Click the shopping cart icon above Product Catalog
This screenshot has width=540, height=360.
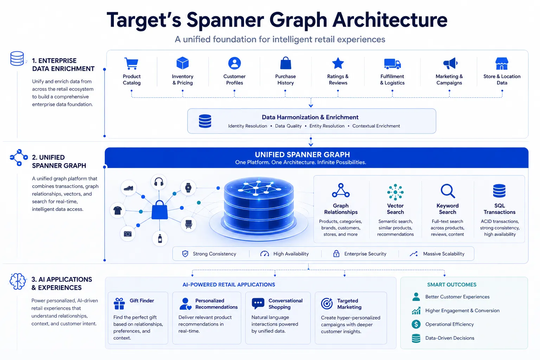click(x=131, y=63)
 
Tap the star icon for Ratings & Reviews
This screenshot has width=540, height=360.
click(x=338, y=63)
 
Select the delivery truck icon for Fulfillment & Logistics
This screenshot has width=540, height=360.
click(x=392, y=64)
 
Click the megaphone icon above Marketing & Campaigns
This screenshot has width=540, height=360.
click(x=450, y=63)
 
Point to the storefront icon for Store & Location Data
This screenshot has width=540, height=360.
click(x=502, y=63)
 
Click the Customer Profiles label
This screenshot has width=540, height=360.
click(x=234, y=79)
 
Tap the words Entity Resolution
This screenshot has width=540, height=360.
click(x=327, y=126)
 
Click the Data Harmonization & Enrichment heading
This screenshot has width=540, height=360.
click(x=310, y=117)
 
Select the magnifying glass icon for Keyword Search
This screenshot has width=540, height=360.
click(x=448, y=191)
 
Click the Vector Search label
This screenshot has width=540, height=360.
click(x=396, y=209)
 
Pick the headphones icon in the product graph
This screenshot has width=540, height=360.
click(x=159, y=181)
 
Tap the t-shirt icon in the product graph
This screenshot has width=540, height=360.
click(x=118, y=210)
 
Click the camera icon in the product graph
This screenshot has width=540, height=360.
click(x=128, y=234)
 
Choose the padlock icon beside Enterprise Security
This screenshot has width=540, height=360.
click(x=336, y=253)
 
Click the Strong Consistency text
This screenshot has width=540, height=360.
click(x=214, y=254)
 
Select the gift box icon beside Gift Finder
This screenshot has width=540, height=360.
click(x=119, y=304)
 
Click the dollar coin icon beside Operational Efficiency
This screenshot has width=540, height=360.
click(x=416, y=324)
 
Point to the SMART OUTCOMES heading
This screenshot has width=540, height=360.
click(x=452, y=284)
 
